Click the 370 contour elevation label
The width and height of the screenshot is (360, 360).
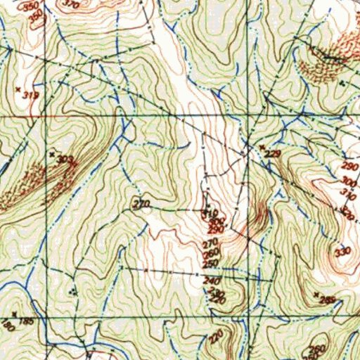coord(71,4)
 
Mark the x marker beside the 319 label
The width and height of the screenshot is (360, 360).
coord(17,89)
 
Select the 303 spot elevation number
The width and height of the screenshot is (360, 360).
coord(65,160)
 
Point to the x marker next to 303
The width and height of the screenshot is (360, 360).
coord(51,152)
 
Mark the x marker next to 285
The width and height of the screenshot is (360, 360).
coord(316,293)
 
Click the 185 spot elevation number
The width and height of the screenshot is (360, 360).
coord(26,321)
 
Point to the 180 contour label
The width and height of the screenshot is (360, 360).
coord(8,327)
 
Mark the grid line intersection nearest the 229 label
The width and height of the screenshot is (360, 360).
coord(250,114)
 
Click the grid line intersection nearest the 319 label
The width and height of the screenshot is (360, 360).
coord(46,114)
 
